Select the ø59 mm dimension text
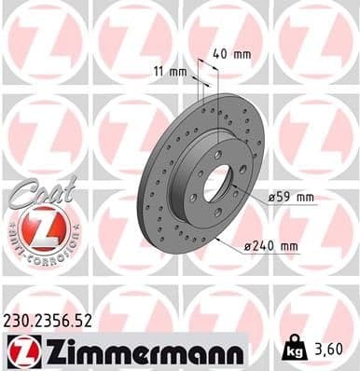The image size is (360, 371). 291,198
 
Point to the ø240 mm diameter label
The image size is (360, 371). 270,246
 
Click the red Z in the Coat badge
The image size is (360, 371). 41,227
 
